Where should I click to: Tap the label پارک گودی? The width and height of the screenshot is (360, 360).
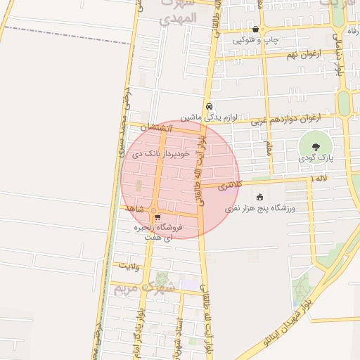pos(315,160)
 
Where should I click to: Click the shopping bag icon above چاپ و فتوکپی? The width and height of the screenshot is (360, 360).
pos(255,30)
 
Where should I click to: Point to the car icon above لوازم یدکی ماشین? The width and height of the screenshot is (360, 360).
pos(209,107)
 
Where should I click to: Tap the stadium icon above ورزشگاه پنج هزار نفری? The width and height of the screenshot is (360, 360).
pos(260,197)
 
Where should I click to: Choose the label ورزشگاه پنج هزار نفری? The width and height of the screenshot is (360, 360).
pos(262,209)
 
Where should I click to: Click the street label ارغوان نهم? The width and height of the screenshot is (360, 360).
pos(303,53)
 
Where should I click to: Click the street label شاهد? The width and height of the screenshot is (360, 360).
pos(134,210)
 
